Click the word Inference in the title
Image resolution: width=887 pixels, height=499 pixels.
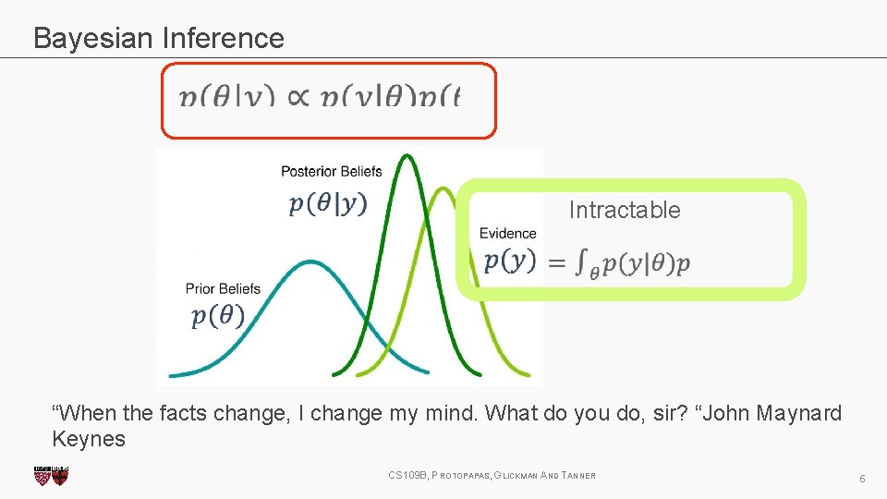coord(223,38)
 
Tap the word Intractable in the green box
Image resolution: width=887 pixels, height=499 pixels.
coord(624,211)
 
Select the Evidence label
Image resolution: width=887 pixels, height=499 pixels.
coord(507,234)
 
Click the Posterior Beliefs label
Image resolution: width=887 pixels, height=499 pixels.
coord(331,171)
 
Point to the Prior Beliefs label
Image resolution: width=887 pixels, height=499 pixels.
coord(223,288)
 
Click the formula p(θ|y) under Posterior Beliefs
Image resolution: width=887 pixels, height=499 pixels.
coord(328,203)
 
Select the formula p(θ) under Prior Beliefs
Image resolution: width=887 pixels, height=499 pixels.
coord(218,316)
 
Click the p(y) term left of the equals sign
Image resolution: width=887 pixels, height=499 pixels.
coord(509,262)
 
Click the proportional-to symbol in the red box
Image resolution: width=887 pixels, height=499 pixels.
coord(298,97)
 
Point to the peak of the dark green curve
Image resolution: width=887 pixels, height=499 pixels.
coord(404,157)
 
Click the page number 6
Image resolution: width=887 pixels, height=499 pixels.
coord(861,479)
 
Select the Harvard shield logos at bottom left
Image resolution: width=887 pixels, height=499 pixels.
coord(51,476)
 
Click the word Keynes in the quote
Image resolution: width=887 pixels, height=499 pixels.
coord(89,439)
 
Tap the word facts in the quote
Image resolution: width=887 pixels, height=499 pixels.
coord(184,413)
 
